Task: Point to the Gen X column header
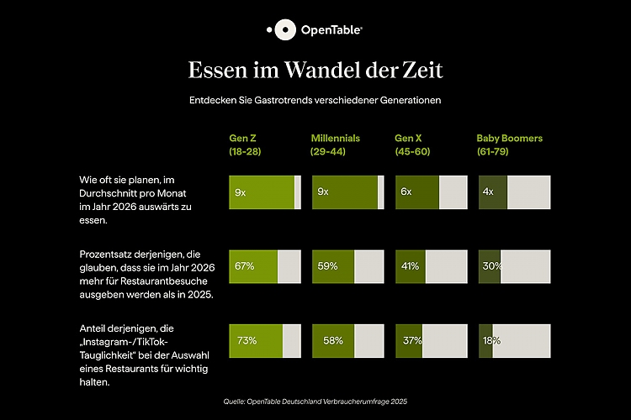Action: coord(413,144)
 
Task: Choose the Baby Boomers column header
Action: coord(510,144)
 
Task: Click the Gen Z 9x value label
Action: coord(241,192)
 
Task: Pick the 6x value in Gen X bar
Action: coord(406,192)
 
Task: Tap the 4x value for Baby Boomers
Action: coord(488,192)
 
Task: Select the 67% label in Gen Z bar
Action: coord(245,266)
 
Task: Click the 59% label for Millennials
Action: coord(327,266)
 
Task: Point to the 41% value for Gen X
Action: coord(410,266)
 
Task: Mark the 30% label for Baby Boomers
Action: coord(492,266)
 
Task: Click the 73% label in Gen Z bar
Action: coord(247,340)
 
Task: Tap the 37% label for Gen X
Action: coord(411,340)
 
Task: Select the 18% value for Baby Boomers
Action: coord(491,340)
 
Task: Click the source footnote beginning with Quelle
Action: coord(315,401)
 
